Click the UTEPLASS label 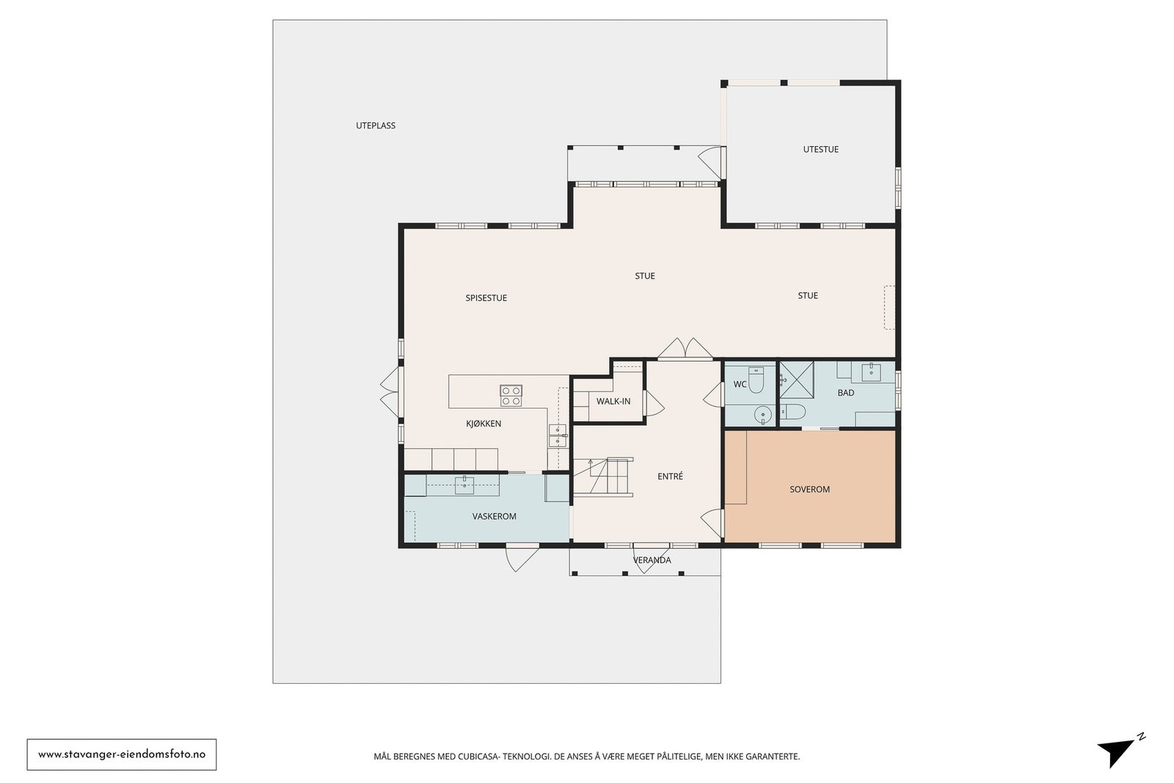375,125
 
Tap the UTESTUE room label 821,150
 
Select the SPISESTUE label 486,298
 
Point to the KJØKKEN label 484,423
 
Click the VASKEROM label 495,516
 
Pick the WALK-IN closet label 613,401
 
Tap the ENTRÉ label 670,476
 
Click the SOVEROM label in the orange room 810,489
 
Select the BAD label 845,393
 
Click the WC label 740,385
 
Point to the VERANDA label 652,560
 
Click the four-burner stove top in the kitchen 511,396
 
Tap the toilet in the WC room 756,380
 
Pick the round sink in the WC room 762,415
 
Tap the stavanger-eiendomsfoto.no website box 122,754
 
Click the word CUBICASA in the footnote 478,757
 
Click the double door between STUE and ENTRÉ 685,349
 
